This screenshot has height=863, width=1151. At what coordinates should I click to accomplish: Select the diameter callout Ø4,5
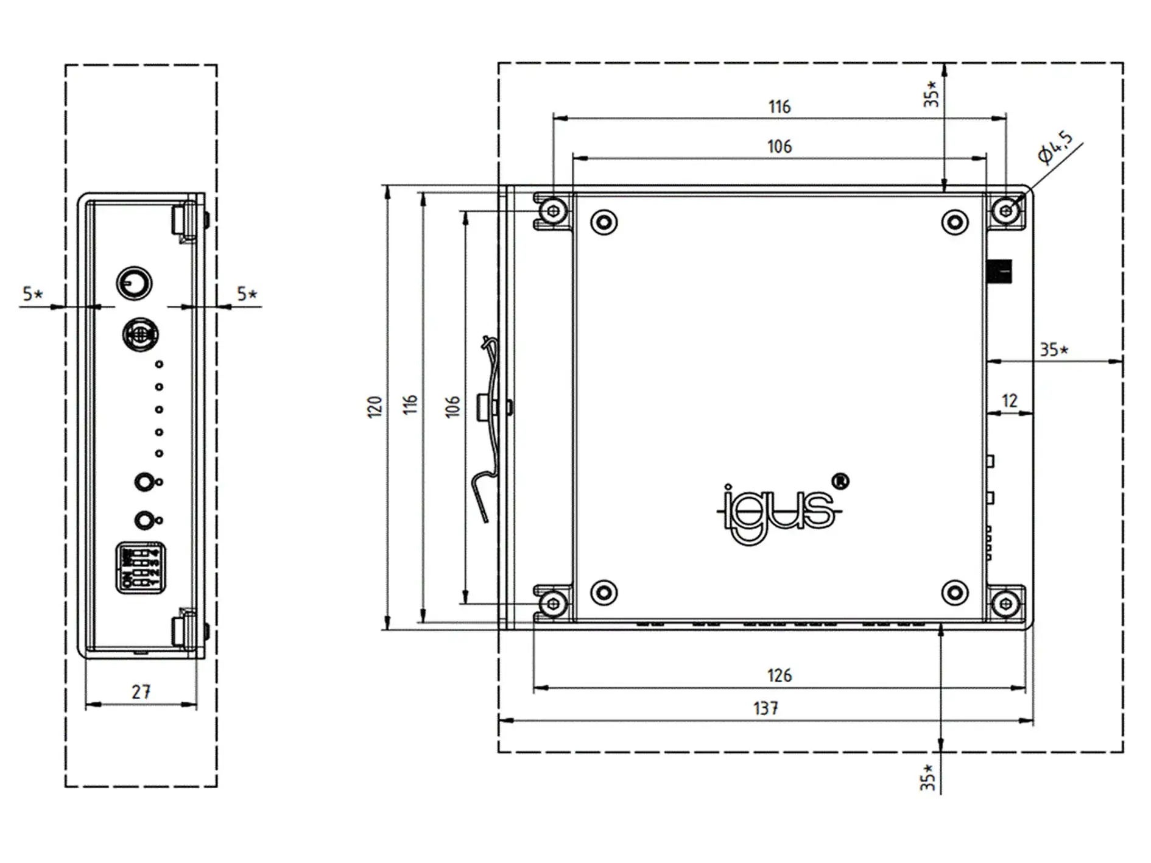1055,147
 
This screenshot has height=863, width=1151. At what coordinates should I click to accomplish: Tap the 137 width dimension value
765,708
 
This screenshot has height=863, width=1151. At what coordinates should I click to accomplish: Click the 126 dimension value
779,675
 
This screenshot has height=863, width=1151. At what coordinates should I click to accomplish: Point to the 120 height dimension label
374,406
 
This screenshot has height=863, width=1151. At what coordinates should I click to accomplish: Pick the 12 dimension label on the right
1009,401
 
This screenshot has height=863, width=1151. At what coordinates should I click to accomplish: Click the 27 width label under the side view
141,692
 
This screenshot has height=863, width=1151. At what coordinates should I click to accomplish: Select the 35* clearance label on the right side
1054,350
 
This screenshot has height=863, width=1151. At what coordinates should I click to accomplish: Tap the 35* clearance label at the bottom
927,778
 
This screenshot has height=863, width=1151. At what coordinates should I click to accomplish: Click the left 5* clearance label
33,294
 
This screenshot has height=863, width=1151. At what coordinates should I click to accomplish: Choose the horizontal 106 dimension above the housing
779,147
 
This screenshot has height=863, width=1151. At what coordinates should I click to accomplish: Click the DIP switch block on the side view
141,568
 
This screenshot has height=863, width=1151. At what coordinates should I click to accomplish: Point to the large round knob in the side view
134,283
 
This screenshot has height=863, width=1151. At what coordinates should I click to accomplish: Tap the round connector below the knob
140,334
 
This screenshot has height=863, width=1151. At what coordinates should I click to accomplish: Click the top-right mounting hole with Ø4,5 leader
1005,211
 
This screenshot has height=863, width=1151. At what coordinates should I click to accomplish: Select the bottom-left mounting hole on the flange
553,604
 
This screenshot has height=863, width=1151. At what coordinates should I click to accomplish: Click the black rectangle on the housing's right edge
999,272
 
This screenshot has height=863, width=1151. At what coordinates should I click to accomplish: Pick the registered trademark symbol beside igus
840,481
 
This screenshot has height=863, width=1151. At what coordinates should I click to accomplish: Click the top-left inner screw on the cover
604,222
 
